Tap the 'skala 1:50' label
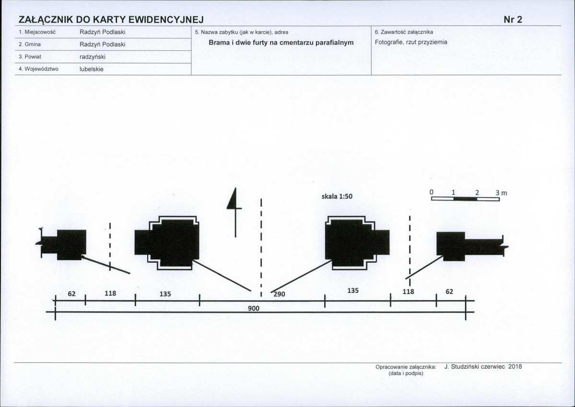tap(337, 197)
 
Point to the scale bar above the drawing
tap(465, 199)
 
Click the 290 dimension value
tap(279, 294)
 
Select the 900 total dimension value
tap(253, 308)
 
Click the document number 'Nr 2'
tap(513, 20)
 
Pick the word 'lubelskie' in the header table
tap(92, 70)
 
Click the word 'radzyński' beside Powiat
tap(93, 57)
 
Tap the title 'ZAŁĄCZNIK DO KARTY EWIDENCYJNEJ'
tap(111, 20)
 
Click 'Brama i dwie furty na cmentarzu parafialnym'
tap(282, 43)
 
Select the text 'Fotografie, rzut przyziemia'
tap(411, 42)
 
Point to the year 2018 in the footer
tap(515, 366)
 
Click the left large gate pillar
tap(167, 243)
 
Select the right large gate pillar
tap(357, 243)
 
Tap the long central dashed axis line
tap(261, 247)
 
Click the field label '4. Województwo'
tap(38, 69)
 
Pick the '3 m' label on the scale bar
tap(501, 193)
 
